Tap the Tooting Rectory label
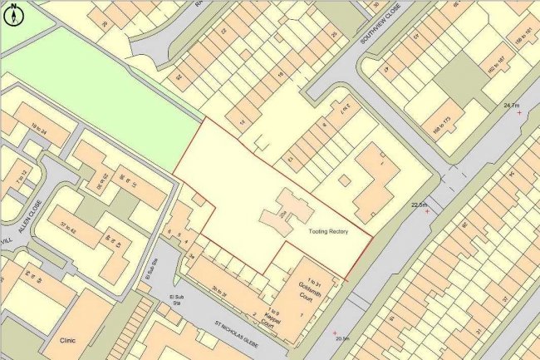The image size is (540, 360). click(327, 232)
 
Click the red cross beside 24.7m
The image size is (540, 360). click(519, 112)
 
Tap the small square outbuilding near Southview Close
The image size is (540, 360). click(344, 180)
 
